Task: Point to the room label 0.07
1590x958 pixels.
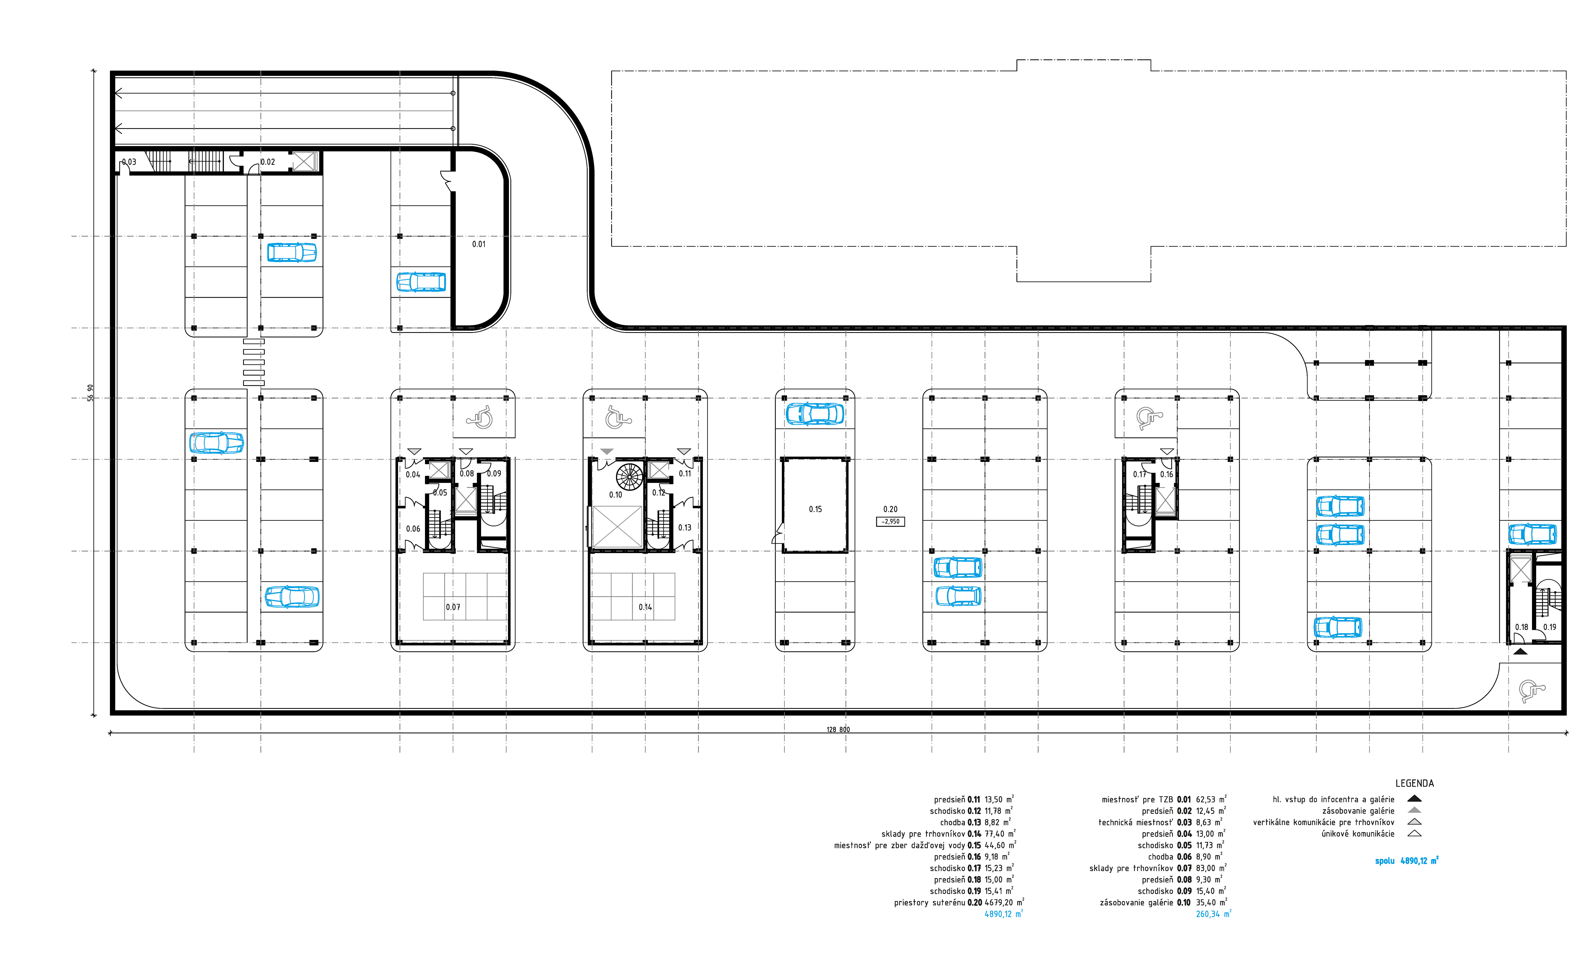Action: (453, 607)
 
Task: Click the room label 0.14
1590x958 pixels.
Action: (645, 607)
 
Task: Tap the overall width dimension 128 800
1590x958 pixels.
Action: (838, 730)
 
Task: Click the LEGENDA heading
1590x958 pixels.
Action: (1414, 783)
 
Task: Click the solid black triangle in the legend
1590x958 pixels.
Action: (1414, 799)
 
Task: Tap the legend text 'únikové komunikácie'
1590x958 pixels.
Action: (1358, 834)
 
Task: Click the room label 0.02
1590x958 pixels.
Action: (268, 162)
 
